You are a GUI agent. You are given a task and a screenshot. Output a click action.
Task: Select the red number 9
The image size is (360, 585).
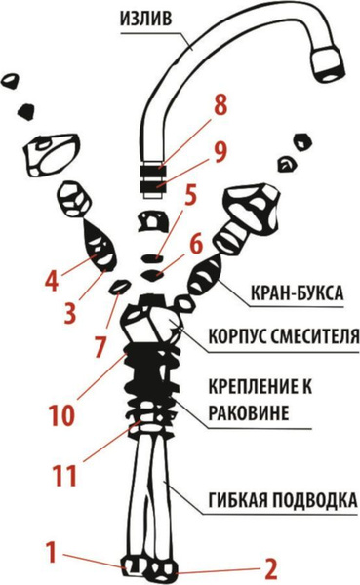tap(220, 151)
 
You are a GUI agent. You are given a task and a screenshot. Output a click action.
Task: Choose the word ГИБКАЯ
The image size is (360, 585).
tap(237, 501)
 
